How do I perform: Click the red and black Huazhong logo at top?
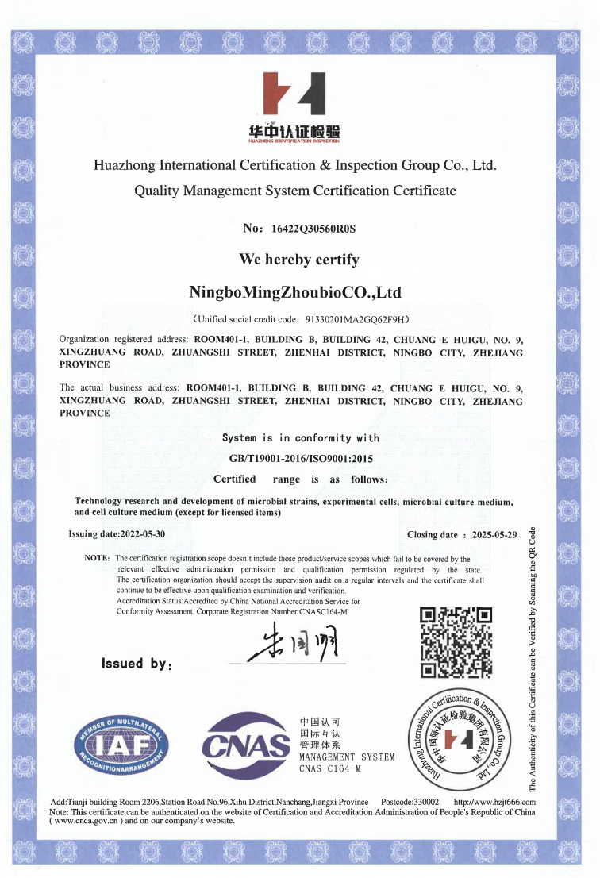coord(294,95)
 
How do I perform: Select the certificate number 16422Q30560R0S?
coord(313,229)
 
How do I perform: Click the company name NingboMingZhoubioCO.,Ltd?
coord(295,293)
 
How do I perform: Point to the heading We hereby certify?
coord(299,260)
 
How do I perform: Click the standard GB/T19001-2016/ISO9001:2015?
coord(301,459)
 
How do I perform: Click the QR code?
coord(456,643)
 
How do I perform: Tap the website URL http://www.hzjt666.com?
coord(494,803)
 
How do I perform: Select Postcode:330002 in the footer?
coord(410,803)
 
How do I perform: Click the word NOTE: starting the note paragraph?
coord(97,559)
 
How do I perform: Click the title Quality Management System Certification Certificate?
coord(295,191)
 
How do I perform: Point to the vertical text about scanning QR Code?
coord(533,659)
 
